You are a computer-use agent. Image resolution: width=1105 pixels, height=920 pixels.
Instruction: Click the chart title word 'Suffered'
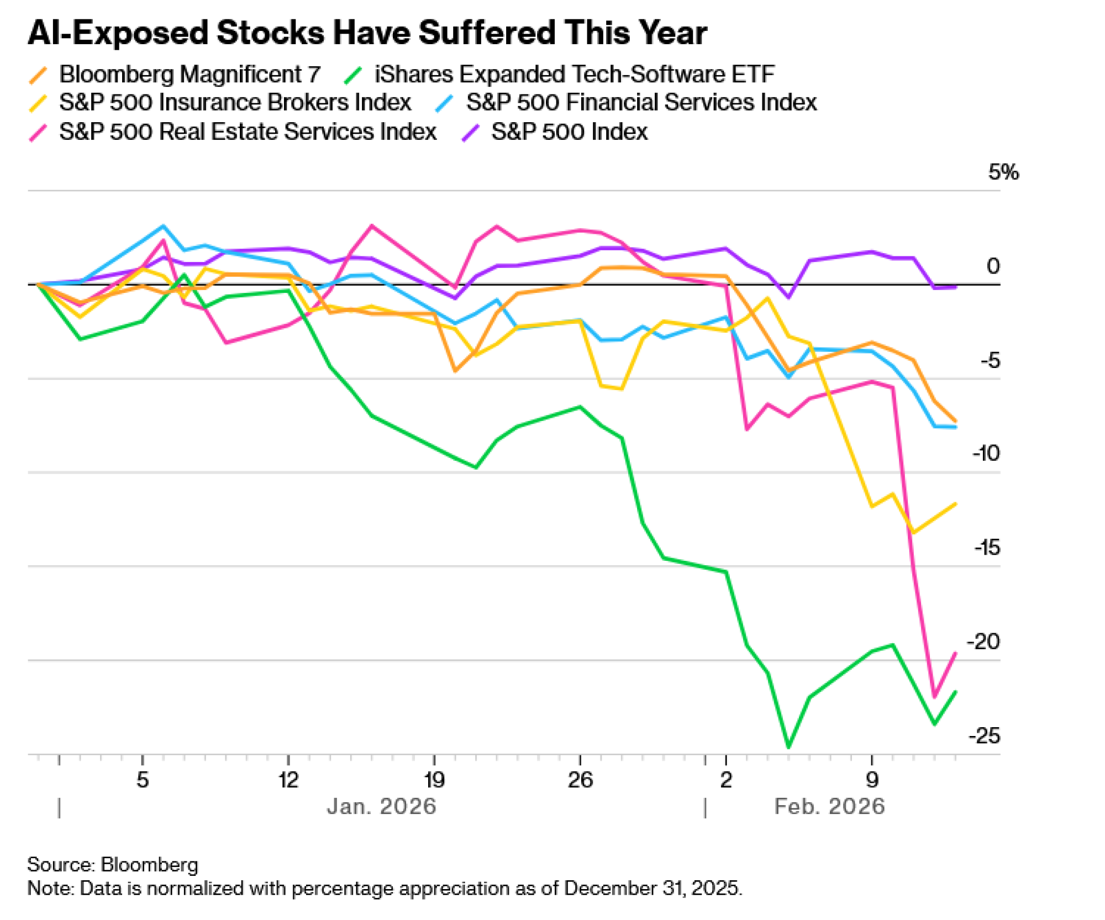[487, 33]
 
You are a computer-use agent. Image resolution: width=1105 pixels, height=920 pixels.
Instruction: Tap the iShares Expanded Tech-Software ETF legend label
[574, 75]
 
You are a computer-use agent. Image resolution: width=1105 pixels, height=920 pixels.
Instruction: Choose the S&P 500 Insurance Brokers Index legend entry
[235, 103]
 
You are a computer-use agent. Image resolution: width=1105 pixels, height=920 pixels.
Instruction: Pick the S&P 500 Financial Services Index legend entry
[641, 103]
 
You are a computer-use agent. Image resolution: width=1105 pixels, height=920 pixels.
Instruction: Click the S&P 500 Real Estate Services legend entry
[248, 132]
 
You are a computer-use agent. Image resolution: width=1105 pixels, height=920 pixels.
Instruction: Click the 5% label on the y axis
[1003, 172]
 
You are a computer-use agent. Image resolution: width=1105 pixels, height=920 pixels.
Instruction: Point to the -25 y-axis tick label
[985, 736]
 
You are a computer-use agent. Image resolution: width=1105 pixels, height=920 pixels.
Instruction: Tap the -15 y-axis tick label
[987, 548]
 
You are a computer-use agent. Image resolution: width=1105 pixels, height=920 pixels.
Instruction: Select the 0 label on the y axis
[993, 266]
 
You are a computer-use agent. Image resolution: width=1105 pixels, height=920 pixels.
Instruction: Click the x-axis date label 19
[434, 780]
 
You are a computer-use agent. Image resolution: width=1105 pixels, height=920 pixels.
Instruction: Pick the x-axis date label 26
[580, 780]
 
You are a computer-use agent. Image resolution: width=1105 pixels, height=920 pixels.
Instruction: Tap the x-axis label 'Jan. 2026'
[381, 807]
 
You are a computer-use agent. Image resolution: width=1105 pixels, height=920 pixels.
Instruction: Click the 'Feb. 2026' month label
[829, 807]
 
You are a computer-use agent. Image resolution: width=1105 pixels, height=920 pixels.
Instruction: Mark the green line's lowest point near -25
[788, 748]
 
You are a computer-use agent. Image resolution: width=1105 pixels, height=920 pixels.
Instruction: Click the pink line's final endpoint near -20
[956, 654]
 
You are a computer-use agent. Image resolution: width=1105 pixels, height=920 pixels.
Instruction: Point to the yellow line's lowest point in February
[913, 533]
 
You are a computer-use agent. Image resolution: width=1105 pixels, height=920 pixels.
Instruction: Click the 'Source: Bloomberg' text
[113, 865]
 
